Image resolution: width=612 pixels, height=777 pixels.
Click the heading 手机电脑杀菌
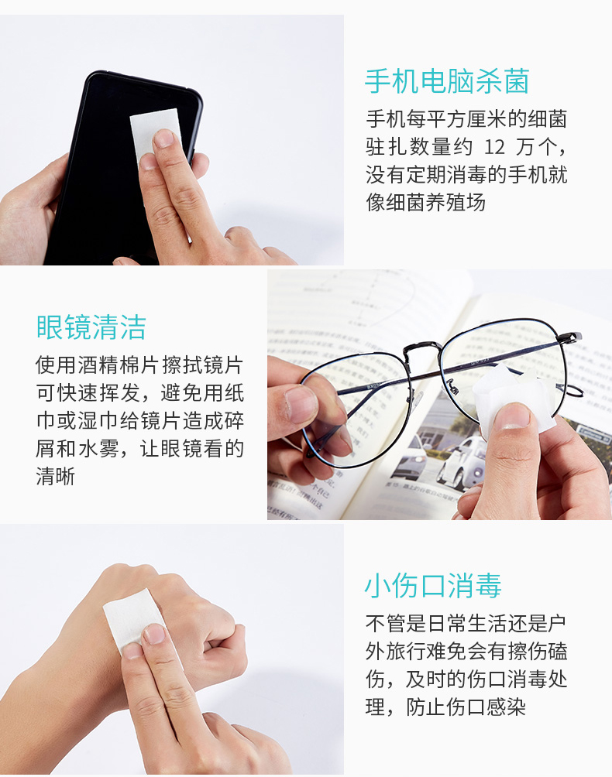447,82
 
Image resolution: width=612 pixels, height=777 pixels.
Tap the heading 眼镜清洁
91,327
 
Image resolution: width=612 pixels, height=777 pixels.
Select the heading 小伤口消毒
433,585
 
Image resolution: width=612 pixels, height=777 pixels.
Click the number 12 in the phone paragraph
494,147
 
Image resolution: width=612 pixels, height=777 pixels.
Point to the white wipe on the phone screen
155,133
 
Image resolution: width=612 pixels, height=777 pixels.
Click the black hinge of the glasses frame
570,338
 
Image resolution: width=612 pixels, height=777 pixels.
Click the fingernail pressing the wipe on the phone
163,139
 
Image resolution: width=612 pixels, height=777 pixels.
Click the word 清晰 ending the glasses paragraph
56,477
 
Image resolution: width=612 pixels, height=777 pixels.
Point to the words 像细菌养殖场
425,203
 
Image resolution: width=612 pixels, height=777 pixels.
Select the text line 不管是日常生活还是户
466,624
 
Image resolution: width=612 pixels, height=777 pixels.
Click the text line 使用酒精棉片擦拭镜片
139,365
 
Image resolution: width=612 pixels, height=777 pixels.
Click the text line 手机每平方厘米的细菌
466,119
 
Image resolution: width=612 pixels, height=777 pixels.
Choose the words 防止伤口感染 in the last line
466,707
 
